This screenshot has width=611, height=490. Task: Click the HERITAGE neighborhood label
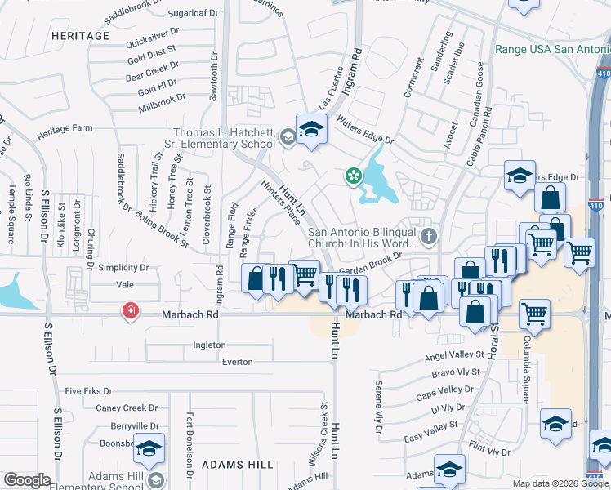(x=79, y=36)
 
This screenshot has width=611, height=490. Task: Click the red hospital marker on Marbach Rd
(x=129, y=311)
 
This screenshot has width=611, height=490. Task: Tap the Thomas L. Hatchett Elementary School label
(x=224, y=139)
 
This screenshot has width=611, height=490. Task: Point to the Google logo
(x=28, y=480)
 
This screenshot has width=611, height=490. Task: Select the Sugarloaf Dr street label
(x=194, y=13)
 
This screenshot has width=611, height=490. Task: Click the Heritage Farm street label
(x=65, y=129)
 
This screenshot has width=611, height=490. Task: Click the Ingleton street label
(x=209, y=345)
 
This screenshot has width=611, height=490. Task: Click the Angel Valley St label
(x=454, y=356)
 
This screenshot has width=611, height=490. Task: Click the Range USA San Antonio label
(x=552, y=49)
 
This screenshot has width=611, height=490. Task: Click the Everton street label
(x=236, y=361)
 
